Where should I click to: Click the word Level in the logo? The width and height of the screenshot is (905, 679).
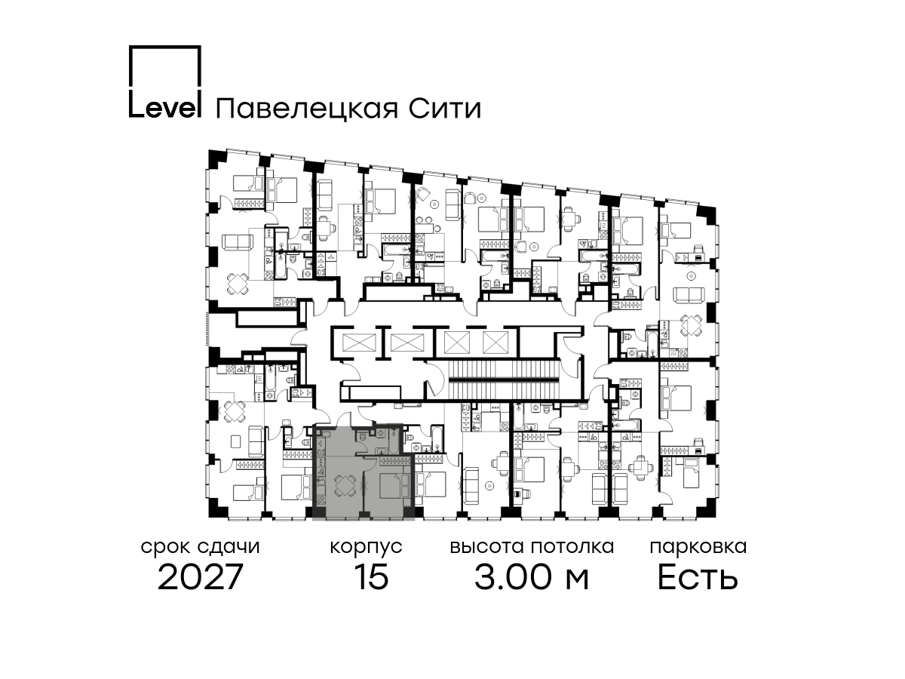tap(164, 109)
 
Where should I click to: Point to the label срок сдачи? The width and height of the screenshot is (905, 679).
tap(200, 547)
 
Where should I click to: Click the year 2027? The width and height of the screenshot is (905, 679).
tap(200, 578)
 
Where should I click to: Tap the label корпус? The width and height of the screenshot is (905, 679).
tap(365, 547)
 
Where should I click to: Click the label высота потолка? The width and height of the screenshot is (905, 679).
tap(532, 547)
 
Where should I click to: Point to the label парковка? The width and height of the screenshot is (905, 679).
tap(698, 547)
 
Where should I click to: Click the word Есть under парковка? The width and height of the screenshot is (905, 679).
tap(698, 578)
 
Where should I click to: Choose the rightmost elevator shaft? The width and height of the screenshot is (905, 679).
tap(494, 343)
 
